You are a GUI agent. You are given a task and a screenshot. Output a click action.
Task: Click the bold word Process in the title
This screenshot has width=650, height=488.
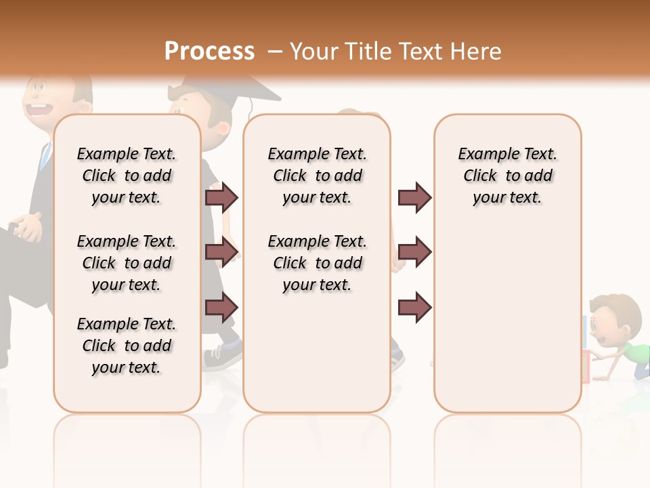point(209,52)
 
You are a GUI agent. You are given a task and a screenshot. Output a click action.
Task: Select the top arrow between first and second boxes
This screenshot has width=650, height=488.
point(221,197)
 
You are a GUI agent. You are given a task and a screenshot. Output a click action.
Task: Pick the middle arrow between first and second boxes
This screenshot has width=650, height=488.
point(221,252)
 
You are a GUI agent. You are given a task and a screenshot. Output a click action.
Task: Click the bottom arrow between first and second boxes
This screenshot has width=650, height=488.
point(221,307)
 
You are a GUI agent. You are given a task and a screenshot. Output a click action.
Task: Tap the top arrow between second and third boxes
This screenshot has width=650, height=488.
point(414,197)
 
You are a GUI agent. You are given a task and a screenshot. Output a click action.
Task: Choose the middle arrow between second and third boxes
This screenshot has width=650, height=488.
point(414,252)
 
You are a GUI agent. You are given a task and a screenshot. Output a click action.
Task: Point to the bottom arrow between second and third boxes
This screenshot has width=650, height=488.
point(414,307)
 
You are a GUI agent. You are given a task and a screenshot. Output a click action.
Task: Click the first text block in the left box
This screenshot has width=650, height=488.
point(127,176)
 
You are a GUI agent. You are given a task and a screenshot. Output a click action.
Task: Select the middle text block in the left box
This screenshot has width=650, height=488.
point(127,263)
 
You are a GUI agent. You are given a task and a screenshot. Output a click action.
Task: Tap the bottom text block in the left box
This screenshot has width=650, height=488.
point(127,346)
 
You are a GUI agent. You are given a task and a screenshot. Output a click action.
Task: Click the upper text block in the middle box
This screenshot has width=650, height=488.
point(318,176)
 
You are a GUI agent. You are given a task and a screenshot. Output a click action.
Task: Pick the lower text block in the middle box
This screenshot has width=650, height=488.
point(318,263)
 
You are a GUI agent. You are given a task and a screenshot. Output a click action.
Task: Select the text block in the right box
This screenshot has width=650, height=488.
point(508,176)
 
